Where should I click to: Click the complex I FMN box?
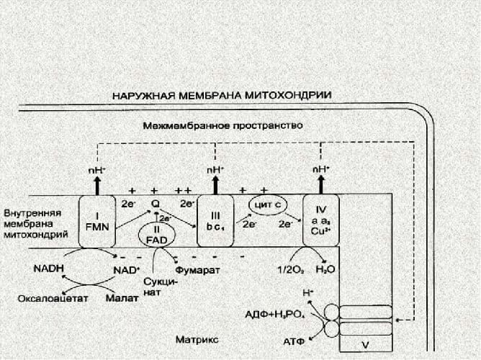coord(97,221)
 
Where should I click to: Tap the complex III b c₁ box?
coord(215,221)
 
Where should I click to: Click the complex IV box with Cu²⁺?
coord(320,221)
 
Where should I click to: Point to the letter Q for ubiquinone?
coord(154,204)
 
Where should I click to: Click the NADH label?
coord(48,268)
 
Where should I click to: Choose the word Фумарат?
coord(197,269)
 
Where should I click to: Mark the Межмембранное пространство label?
coord(222,125)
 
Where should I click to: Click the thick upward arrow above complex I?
coord(97,185)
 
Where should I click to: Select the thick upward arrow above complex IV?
coord(320,185)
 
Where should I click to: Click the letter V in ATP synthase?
coord(365,346)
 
